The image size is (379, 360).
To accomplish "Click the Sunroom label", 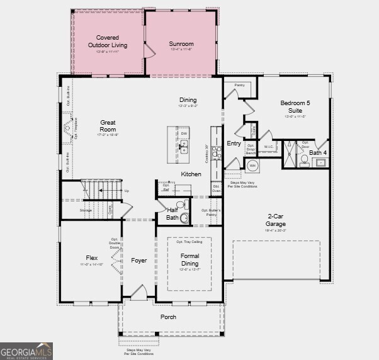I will coord(181,44).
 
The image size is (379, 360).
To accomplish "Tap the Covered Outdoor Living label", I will coord(107,42).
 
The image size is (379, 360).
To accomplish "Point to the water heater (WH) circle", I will coord(252,166).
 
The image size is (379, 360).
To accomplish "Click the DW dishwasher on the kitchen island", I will coord(184,133).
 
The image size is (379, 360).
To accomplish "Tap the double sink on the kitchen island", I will coord(184,147).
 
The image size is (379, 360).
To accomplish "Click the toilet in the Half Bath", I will coord(181,205).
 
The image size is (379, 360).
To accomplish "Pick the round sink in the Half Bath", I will coord(184,218).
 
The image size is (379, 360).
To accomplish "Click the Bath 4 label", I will coord(318,152).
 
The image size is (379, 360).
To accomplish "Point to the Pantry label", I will coord(239,84).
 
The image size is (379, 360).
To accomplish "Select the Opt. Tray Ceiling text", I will coord(189,241).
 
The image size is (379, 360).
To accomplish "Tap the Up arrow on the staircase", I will coord(127,191).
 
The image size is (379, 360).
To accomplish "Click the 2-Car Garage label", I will coord(276,220).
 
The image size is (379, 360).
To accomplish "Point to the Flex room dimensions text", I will coord(92,265).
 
